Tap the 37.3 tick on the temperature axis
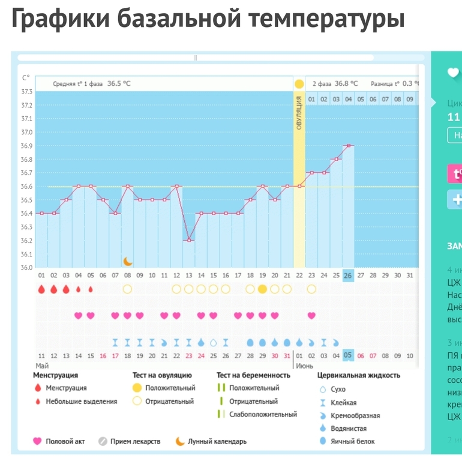pyautogui.click(x=26, y=92)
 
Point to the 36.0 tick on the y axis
pyautogui.click(x=26, y=267)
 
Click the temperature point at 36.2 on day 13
pyautogui.click(x=188, y=240)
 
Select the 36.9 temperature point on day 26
pyautogui.click(x=348, y=145)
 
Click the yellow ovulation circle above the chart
pyautogui.click(x=299, y=84)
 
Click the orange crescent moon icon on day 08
pyautogui.click(x=127, y=261)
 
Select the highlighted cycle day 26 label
pyautogui.click(x=348, y=276)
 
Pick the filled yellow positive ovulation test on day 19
pyautogui.click(x=262, y=289)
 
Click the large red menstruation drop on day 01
pyautogui.click(x=41, y=289)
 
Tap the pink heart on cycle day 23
pyautogui.click(x=311, y=315)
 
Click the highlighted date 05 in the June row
pyautogui.click(x=348, y=355)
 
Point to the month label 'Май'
pyautogui.click(x=42, y=365)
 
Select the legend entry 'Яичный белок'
pyautogui.click(x=352, y=442)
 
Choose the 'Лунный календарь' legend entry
pyautogui.click(x=216, y=442)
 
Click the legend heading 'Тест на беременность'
pyautogui.click(x=253, y=376)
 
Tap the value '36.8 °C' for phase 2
pyautogui.click(x=346, y=84)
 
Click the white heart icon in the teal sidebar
pyautogui.click(x=453, y=73)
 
